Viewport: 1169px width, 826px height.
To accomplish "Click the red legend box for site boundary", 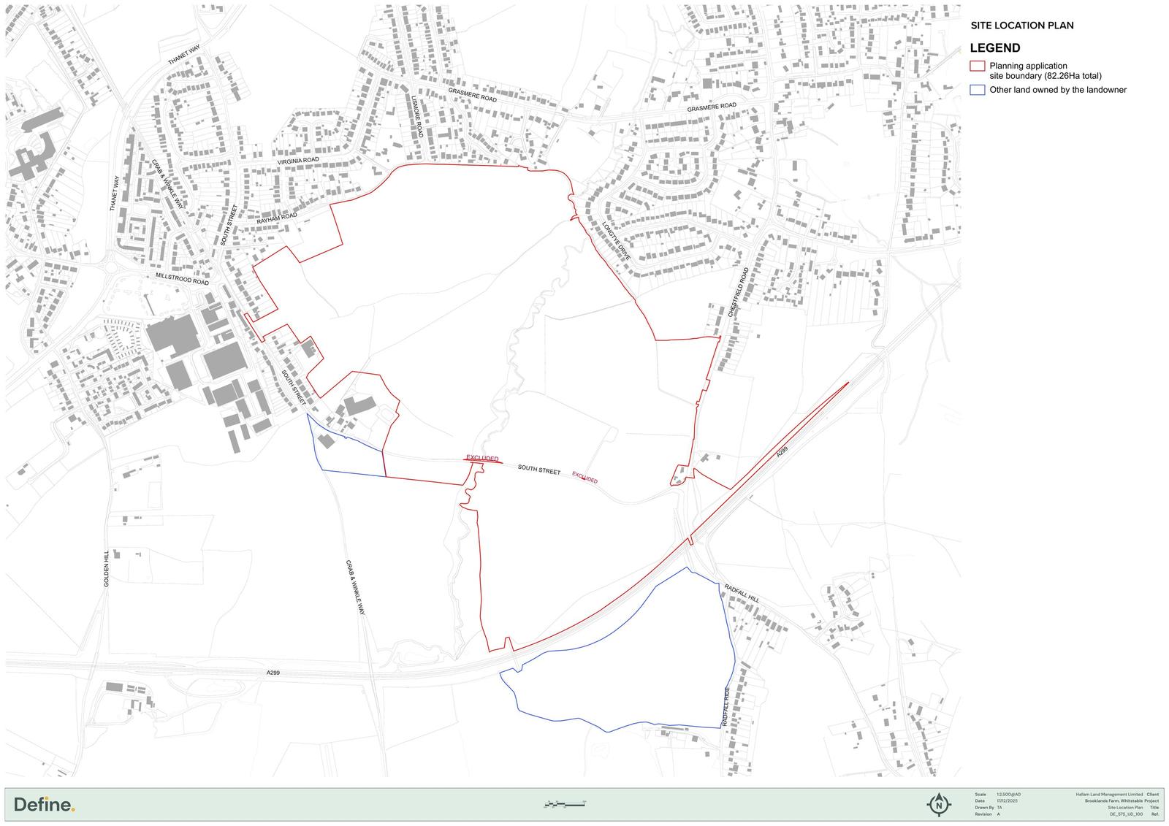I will point(977,66).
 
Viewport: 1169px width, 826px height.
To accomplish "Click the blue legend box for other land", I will point(977,90).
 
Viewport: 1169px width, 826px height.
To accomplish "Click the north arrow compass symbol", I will point(939,804).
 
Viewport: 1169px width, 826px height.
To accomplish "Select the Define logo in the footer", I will point(45,805).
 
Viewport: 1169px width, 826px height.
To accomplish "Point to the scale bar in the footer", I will point(565,804).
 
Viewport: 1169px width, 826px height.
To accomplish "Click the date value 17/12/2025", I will point(1007,801).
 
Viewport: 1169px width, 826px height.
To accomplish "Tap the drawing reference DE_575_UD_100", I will point(1126,814).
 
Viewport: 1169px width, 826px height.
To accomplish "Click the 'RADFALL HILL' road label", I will point(742,593).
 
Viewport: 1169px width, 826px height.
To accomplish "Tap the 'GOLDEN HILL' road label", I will point(107,569).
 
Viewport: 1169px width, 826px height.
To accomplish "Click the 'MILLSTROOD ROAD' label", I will point(182,279).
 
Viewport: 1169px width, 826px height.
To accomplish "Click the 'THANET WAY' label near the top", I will point(184,54).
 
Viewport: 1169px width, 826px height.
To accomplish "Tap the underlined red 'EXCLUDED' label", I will point(482,459).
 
